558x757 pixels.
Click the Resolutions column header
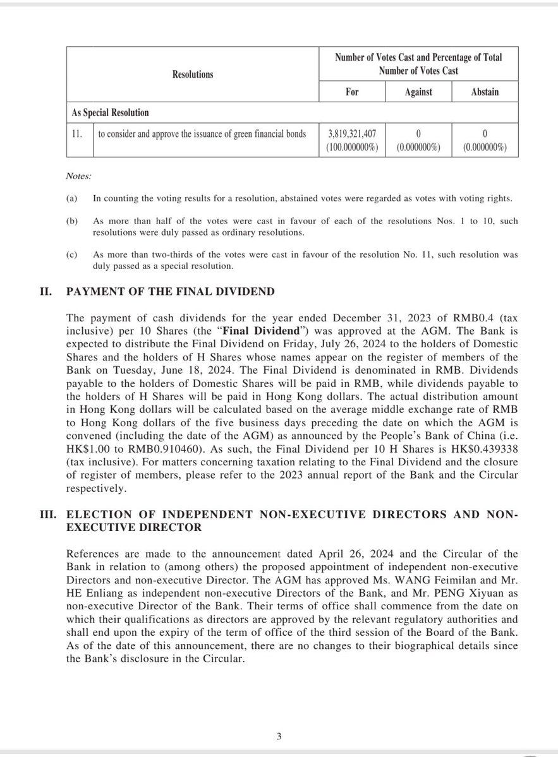click(x=193, y=75)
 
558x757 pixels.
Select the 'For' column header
click(x=352, y=92)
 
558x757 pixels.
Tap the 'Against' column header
click(x=418, y=92)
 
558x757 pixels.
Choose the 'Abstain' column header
click(x=485, y=92)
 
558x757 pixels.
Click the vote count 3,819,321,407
click(x=352, y=134)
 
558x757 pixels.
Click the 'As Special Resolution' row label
click(x=110, y=113)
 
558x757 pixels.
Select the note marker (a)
click(x=71, y=199)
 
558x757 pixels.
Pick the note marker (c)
click(x=71, y=255)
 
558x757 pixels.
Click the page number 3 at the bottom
click(x=279, y=736)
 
